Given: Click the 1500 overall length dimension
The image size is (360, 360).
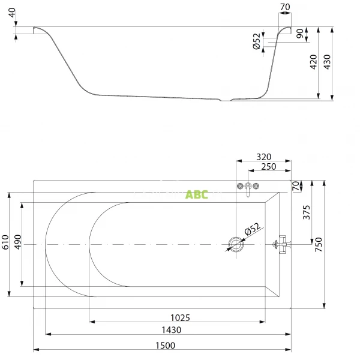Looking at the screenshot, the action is (166, 346).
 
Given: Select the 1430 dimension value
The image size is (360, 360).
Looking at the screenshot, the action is (172, 330).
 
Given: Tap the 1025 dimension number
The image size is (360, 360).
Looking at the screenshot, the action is (180, 318).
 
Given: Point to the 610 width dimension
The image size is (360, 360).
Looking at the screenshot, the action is (5, 242).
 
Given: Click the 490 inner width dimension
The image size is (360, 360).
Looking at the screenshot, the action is (17, 242).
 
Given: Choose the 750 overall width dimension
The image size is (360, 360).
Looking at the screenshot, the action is (319, 244).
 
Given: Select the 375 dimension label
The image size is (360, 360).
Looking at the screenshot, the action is (307, 212).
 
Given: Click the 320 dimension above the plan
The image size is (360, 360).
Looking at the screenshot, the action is (264, 157).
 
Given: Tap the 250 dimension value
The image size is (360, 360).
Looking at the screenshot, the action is (269, 167).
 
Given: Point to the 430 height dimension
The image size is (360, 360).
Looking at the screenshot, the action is (327, 62).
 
